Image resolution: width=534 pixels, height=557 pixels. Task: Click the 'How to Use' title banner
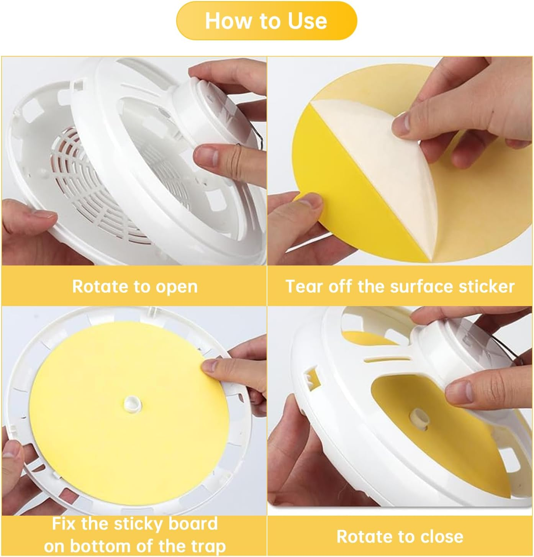pos(266,21)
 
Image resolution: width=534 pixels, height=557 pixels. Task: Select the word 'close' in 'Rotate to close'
pos(442,536)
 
